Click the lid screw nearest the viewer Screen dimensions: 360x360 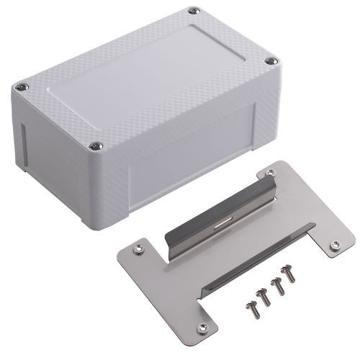click(95, 146)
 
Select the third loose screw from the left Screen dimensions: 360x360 click(277, 287)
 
